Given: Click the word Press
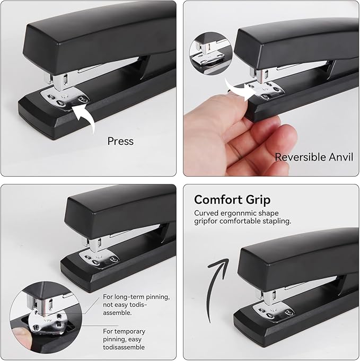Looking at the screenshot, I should [x=120, y=142].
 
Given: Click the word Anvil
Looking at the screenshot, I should [x=338, y=157].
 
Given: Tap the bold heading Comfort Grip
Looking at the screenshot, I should [x=232, y=200].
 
